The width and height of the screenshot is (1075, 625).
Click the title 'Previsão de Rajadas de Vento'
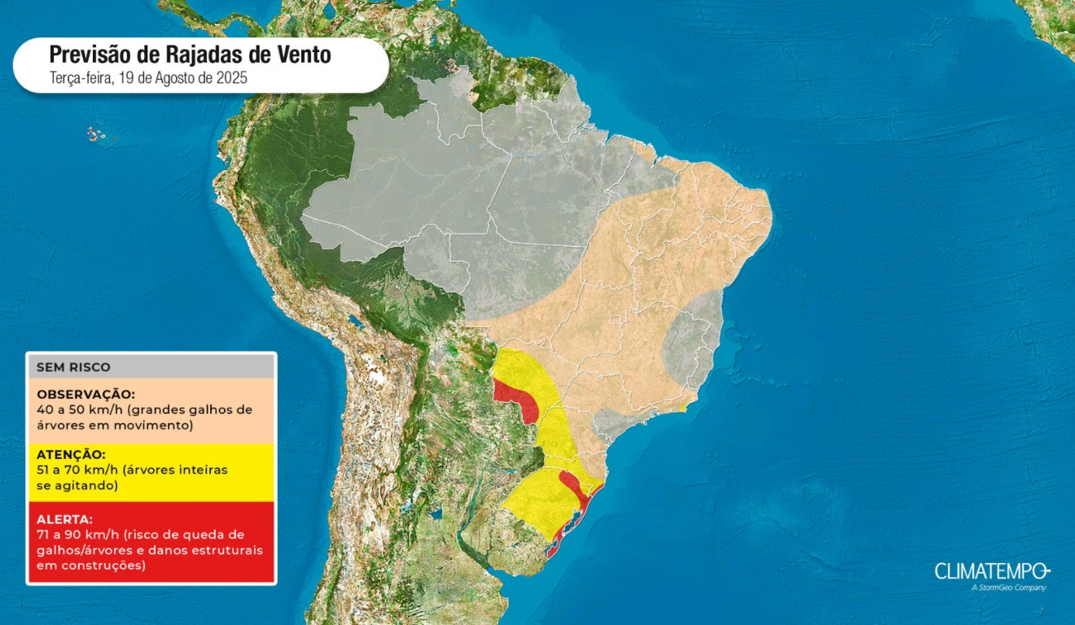190,55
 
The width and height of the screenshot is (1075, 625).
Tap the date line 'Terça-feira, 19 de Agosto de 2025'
147,78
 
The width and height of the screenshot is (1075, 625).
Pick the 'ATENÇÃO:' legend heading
71,454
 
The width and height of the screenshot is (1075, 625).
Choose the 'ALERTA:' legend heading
64,518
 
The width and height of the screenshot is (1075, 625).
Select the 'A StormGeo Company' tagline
1008,588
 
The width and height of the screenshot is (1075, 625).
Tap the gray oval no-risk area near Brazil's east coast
692,338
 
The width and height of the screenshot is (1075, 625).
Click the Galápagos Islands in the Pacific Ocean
96,133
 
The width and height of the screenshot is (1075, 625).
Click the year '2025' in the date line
230,78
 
